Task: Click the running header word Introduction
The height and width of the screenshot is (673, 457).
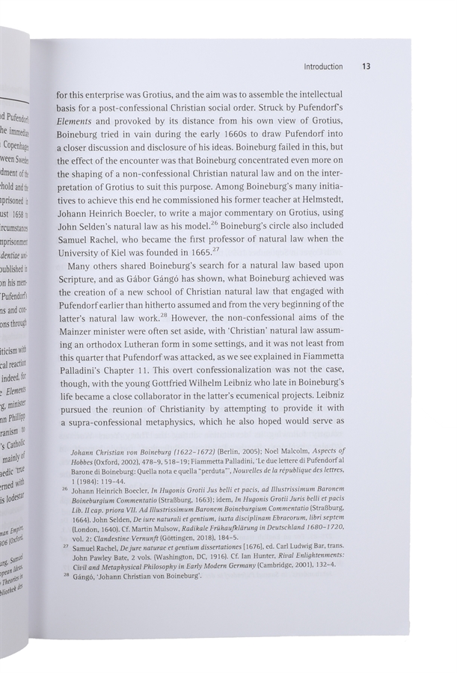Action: coord(323,67)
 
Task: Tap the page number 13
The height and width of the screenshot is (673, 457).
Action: coord(366,67)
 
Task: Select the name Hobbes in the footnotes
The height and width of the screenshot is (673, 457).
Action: coord(82,464)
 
